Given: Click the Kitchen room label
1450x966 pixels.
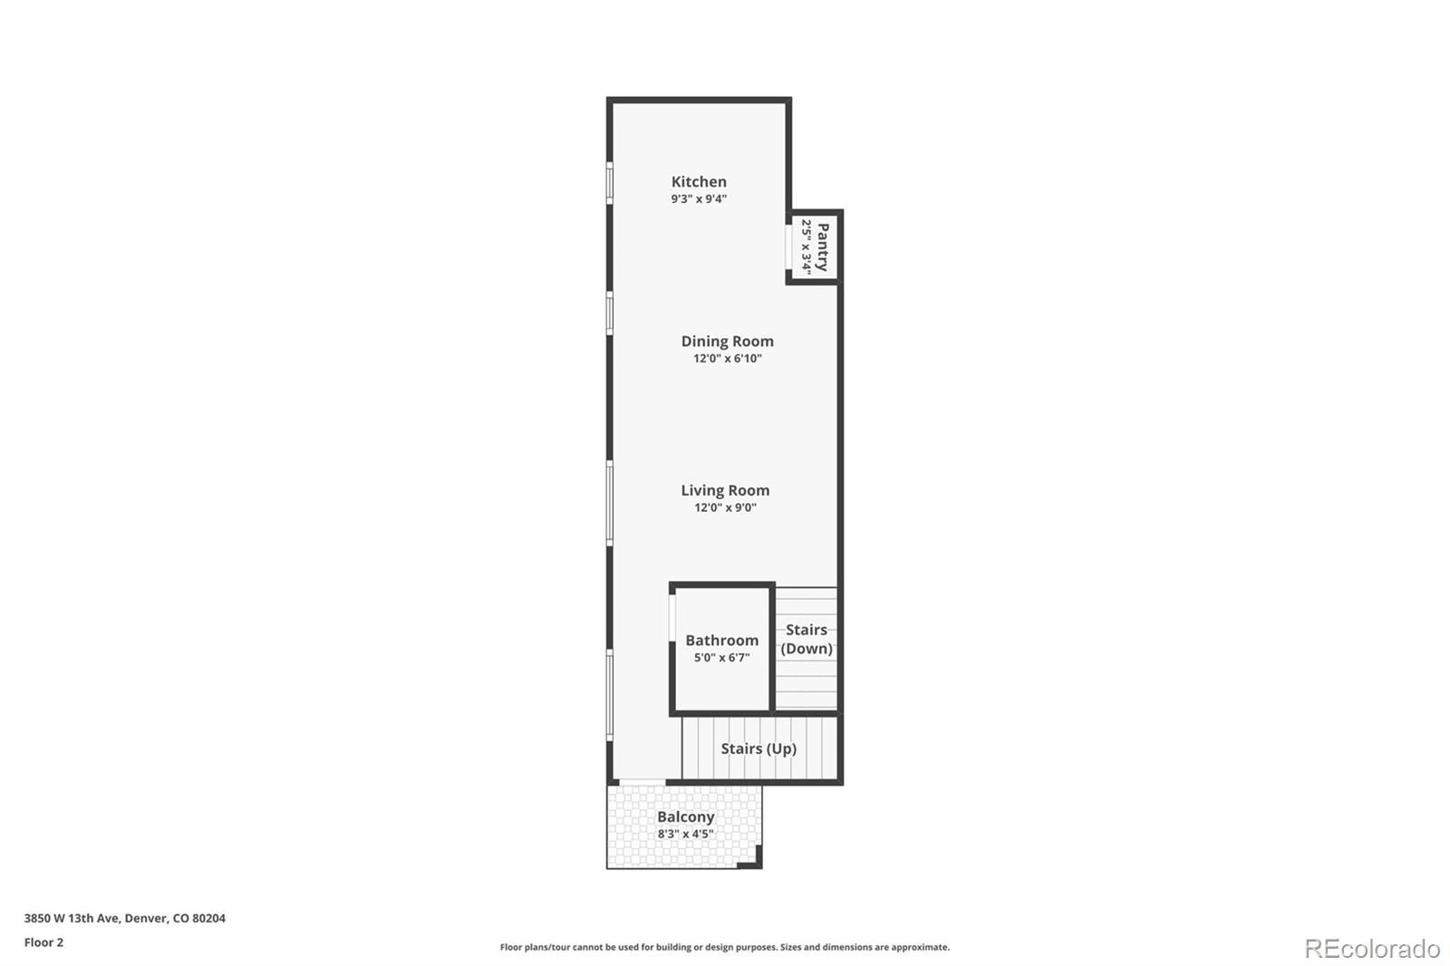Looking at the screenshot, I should [699, 182].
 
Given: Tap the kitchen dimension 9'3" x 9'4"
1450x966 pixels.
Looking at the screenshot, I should [699, 199].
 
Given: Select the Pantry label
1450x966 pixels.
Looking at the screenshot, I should [823, 246].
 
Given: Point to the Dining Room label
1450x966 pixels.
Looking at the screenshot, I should [727, 342].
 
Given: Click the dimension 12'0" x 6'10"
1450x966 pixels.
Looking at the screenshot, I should [727, 359].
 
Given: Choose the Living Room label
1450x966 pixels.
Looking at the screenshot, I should [725, 491].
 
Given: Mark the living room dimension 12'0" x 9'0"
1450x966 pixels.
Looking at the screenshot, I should [725, 508].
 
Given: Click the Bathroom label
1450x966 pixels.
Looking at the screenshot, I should [721, 641].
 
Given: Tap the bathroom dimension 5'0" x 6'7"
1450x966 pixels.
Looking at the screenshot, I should [721, 658].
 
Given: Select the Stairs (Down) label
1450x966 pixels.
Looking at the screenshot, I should [806, 639].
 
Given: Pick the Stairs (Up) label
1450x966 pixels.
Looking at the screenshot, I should [759, 749].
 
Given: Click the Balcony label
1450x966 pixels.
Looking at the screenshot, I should [686, 817].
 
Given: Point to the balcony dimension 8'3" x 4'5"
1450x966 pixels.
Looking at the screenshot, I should [686, 835].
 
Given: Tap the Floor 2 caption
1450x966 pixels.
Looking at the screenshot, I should [43, 942].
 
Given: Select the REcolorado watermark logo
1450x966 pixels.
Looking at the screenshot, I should [1372, 949].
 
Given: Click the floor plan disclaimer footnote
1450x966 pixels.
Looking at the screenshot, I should [725, 948].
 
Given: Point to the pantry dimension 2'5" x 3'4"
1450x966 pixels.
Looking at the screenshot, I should [806, 246].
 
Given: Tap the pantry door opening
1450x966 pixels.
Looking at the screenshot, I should [789, 246].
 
